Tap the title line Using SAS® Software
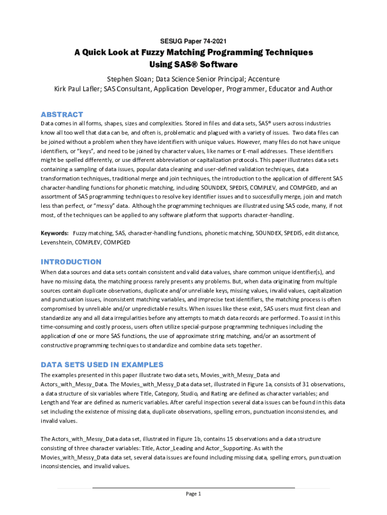[193, 65]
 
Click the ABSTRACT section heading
[62, 115]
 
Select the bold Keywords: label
[55, 233]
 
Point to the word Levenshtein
[56, 242]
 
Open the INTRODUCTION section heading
[71, 262]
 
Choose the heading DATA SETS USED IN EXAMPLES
[102, 365]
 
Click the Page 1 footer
[193, 493]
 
